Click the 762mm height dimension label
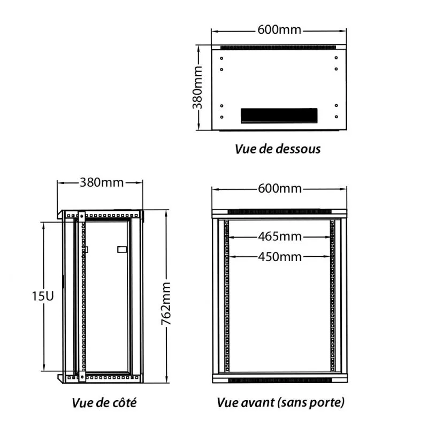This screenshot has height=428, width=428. tap(166, 303)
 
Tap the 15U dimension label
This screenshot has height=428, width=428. tap(43, 296)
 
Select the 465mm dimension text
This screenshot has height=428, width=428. tap(280, 236)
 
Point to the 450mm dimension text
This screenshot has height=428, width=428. tap(280, 257)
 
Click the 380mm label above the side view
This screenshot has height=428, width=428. tap(102, 182)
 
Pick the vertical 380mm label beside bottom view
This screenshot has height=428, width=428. tap(197, 87)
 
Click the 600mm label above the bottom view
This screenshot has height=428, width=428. tap(279, 29)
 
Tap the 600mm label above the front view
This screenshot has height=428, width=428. tap(280, 189)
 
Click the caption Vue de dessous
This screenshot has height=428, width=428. tap(278, 149)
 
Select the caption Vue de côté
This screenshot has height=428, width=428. tap(104, 403)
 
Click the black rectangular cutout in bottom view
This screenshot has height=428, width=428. tap(279, 116)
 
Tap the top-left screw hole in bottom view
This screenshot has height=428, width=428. tap(221, 58)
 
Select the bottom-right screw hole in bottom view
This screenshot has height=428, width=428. tap(337, 117)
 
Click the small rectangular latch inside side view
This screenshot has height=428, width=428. tap(122, 249)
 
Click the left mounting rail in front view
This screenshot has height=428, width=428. tap(226, 296)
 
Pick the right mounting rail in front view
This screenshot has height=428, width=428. tap(332, 296)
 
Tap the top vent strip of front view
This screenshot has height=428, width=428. tap(280, 211)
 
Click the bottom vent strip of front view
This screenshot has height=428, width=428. tap(280, 380)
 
